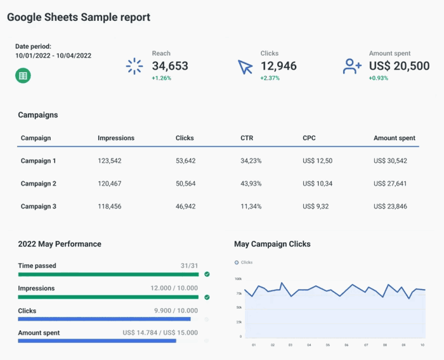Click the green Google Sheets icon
pyautogui.click(x=23, y=75)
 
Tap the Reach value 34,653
pyautogui.click(x=170, y=66)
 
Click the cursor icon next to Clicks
pyautogui.click(x=245, y=67)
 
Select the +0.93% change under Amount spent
pyautogui.click(x=379, y=79)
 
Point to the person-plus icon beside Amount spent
pyautogui.click(x=352, y=66)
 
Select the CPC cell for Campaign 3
pyautogui.click(x=317, y=207)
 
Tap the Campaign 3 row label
pyautogui.click(x=39, y=207)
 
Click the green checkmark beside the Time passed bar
pyautogui.click(x=207, y=274)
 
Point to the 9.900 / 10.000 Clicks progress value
pyautogui.click(x=176, y=311)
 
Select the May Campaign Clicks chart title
pyautogui.click(x=272, y=244)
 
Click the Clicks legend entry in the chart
pyautogui.click(x=244, y=262)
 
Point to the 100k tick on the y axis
pyautogui.click(x=238, y=278)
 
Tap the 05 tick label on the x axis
pyautogui.click(x=328, y=345)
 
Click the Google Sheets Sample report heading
pyautogui.click(x=79, y=17)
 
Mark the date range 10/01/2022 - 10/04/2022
pyautogui.click(x=53, y=56)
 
